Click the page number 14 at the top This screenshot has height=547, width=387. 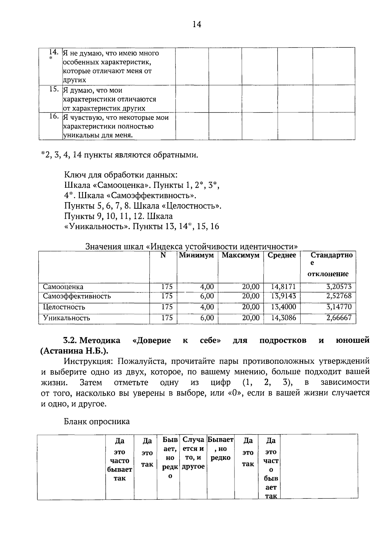pos(197,24)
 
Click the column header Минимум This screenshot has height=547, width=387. pos(196,255)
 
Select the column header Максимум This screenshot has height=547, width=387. pos(241,255)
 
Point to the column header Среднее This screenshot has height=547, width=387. pos(282,255)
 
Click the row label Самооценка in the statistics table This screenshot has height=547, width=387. pos(63,287)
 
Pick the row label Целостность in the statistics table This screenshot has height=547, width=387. pos(64,307)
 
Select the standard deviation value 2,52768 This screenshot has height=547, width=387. pos(339,296)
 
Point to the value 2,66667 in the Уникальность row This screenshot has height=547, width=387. pos(339,318)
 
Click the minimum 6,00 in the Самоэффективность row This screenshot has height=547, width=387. pos(207,296)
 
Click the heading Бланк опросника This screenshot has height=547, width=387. pos(97,421)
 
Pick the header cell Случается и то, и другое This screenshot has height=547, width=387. pos(193,453)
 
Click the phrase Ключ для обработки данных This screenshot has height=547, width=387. pos(121,175)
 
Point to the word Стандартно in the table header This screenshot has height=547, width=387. pos(331,255)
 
